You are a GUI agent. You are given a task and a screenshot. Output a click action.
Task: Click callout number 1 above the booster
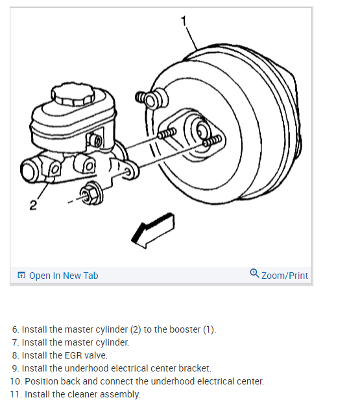[x=184, y=21]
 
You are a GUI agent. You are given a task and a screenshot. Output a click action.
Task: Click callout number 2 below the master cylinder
[x=33, y=205]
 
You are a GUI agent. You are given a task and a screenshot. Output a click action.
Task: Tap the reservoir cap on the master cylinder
[x=73, y=95]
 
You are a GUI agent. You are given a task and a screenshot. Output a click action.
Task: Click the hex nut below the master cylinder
[x=91, y=194]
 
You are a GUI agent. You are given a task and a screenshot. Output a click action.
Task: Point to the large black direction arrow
[x=153, y=230]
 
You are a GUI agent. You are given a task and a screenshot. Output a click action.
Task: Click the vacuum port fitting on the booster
[x=152, y=99]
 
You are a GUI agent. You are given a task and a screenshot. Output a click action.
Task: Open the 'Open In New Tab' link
[x=64, y=276]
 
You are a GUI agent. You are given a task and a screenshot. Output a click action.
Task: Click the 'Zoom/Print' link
[x=285, y=276]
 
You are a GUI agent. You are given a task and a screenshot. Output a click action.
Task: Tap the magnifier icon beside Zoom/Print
[x=254, y=273]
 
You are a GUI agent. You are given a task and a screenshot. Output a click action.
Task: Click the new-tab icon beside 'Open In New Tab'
[x=21, y=276]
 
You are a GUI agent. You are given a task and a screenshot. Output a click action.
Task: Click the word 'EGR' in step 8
[x=72, y=355]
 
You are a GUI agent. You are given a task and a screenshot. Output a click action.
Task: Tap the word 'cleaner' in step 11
[x=82, y=394]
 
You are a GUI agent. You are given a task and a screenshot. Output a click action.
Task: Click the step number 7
[x=16, y=342]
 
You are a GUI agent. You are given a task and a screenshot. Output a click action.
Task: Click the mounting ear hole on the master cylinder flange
[x=128, y=172]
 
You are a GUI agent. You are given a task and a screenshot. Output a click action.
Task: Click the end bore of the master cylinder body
[x=28, y=171]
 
